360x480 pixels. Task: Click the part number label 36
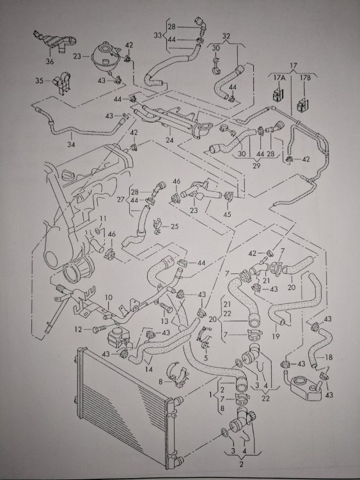[x=49, y=61]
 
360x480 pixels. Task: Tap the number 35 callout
[x=40, y=81]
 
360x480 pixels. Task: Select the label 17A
[x=279, y=77]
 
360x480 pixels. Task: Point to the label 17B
[x=305, y=77]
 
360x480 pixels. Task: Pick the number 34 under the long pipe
[x=70, y=144]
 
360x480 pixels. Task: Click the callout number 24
[x=169, y=140]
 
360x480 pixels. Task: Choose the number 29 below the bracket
[x=256, y=166]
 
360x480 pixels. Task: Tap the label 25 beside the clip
[x=175, y=227]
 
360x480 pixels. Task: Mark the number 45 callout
[x=227, y=214]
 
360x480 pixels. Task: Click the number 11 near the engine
[x=103, y=219]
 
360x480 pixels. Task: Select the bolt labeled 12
[x=100, y=329]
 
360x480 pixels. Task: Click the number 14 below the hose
[x=148, y=369]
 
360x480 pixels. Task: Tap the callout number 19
[x=276, y=336]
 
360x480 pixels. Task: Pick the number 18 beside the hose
[x=329, y=357]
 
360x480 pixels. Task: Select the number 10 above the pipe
[x=109, y=297]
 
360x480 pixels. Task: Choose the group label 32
[x=226, y=36]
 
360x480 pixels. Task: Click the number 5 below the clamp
[x=205, y=357]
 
